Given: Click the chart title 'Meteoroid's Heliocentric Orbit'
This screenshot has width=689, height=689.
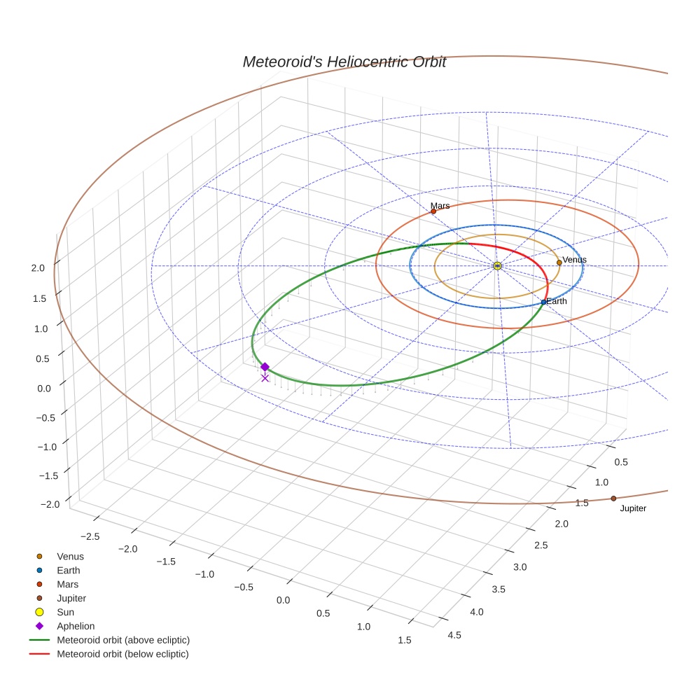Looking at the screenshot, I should tap(344, 62).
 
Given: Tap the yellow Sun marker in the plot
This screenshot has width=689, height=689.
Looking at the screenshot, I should tap(496, 266).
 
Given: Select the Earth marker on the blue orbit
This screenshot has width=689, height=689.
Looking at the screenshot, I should tap(543, 302).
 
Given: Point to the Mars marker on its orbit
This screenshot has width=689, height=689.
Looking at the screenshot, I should tap(433, 211).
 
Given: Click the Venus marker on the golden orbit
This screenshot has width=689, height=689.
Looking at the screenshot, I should tap(559, 263).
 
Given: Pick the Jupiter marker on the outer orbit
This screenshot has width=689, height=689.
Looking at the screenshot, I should tap(613, 499).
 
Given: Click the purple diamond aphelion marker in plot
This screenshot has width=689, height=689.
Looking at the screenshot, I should tap(265, 367).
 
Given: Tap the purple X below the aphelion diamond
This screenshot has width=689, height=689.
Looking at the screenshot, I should tap(265, 378).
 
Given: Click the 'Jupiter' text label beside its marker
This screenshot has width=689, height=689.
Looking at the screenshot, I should tap(633, 508).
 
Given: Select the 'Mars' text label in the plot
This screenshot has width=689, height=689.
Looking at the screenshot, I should tap(440, 206).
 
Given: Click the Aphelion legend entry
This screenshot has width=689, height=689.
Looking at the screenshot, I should tap(75, 626).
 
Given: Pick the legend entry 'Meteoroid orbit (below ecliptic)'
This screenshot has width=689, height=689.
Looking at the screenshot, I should tap(123, 654).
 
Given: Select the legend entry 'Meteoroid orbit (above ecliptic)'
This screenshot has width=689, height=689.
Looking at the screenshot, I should tap(123, 640).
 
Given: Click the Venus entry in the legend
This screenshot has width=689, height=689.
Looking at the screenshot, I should tap(70, 556).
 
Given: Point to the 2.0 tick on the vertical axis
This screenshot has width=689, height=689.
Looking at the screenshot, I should tap(38, 267).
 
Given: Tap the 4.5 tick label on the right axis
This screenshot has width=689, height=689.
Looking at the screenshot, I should tap(454, 635).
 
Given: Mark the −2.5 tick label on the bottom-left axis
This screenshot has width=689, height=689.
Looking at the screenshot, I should tap(92, 536).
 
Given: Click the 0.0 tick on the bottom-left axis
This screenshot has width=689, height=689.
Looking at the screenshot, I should tap(283, 601).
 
